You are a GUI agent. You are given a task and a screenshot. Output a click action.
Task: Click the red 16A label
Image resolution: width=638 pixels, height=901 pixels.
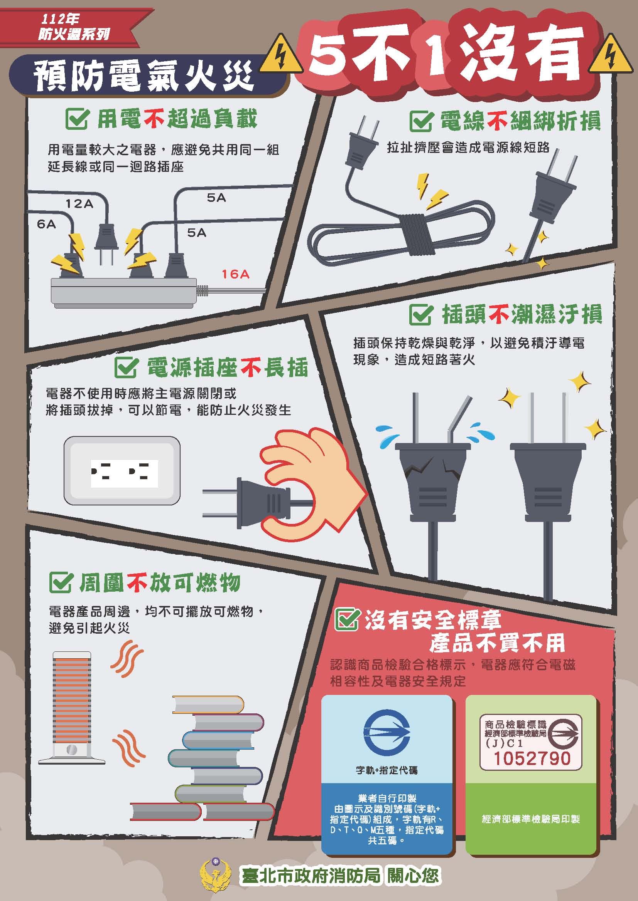point(235,273)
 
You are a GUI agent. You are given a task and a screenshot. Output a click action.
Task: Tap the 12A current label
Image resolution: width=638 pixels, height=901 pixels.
point(79,203)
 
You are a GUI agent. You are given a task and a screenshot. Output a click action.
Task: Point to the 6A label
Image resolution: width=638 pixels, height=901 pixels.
point(46,224)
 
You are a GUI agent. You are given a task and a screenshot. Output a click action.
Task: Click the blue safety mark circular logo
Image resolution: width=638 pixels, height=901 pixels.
point(387,732)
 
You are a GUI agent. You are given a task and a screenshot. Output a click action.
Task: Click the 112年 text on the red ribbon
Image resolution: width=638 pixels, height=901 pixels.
point(60,19)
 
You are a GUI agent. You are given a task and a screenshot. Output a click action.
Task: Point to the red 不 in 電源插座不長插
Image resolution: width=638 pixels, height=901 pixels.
point(251,368)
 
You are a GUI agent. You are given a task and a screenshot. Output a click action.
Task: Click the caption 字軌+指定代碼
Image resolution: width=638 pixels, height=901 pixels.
point(387,770)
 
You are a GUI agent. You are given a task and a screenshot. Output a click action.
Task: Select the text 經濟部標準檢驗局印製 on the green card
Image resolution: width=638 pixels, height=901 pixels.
point(531,819)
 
